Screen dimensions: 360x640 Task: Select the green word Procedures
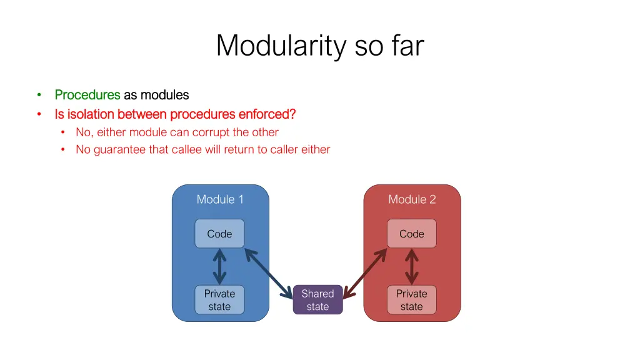[x=87, y=95]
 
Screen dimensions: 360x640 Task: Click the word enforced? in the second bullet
[x=267, y=114]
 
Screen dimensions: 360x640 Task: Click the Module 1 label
[x=220, y=199]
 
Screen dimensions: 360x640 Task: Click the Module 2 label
[x=412, y=199]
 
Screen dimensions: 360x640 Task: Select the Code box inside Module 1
[x=219, y=234]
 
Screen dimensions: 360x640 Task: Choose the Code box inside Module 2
[x=411, y=234]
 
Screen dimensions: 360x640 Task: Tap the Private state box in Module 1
[x=219, y=300]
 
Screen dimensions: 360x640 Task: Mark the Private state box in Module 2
[x=411, y=300]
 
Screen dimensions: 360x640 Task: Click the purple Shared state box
[x=317, y=300]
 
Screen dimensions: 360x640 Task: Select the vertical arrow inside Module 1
[x=219, y=267]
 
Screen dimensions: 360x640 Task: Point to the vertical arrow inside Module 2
[x=411, y=267]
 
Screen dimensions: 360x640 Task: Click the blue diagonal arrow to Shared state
[x=269, y=273]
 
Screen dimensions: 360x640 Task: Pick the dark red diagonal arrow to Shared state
[x=365, y=272]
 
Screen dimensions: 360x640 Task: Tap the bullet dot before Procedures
[x=39, y=95]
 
